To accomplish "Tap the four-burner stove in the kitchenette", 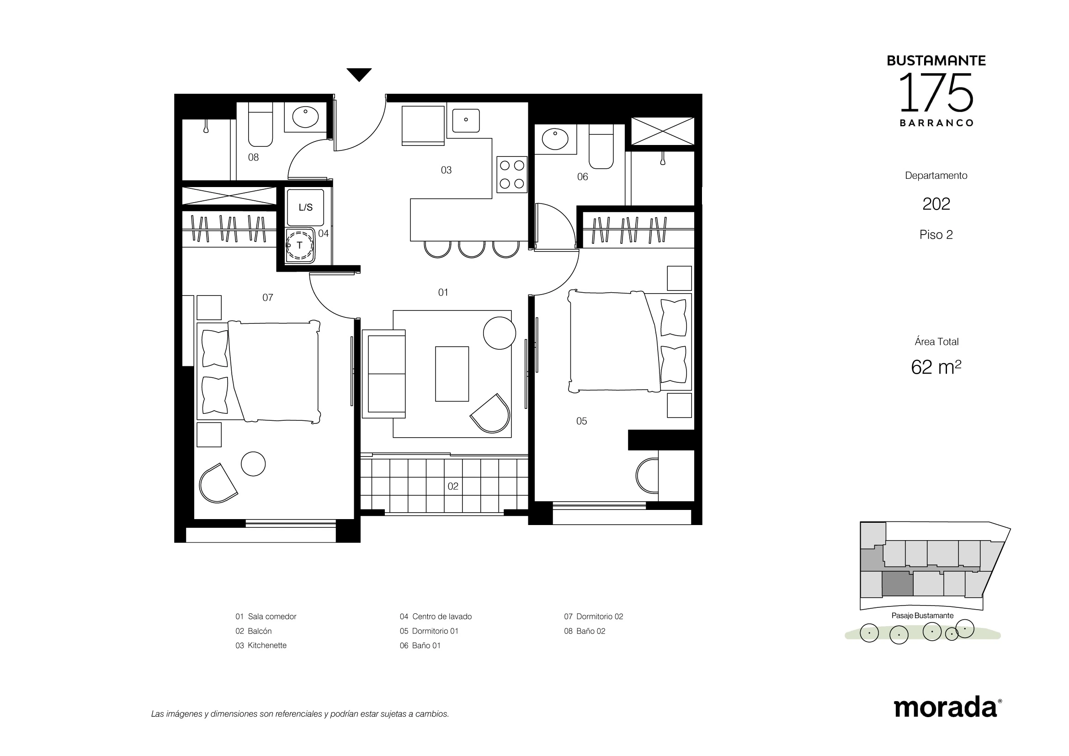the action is [x=512, y=174].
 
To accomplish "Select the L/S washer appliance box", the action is [x=305, y=207].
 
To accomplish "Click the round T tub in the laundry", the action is [x=299, y=245].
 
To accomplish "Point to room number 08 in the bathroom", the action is [x=253, y=157].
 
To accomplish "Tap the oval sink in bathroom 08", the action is [x=305, y=117].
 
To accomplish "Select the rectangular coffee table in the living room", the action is [x=452, y=374].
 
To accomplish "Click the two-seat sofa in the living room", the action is [x=383, y=374].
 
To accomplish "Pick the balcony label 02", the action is [x=453, y=486].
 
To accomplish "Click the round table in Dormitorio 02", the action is [x=253, y=464].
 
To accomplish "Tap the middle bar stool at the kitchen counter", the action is [x=472, y=249].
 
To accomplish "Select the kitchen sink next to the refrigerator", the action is [x=466, y=120].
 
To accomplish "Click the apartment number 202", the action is [x=936, y=204].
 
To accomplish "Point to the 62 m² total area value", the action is [x=936, y=367].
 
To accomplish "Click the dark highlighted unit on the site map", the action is [x=898, y=584].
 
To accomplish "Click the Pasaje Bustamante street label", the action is [x=922, y=616].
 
